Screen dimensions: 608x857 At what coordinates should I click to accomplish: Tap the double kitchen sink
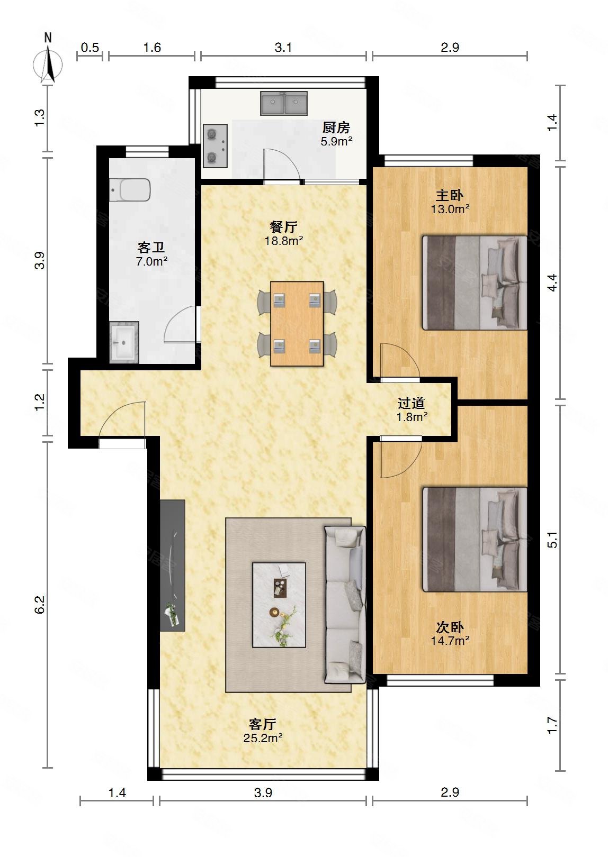pyautogui.click(x=284, y=103)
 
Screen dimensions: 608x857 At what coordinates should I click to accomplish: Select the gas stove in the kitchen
pyautogui.click(x=215, y=146)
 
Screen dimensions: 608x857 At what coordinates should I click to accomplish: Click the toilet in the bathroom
pyautogui.click(x=130, y=190)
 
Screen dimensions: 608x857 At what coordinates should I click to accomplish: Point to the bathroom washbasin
pyautogui.click(x=124, y=342)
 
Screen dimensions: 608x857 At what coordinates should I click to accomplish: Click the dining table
pyautogui.click(x=297, y=324)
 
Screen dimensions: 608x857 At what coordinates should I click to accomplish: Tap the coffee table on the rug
pyautogui.click(x=279, y=605)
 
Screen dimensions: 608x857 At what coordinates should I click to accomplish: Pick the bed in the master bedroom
pyautogui.click(x=475, y=282)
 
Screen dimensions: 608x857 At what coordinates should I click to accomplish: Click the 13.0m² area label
pyautogui.click(x=450, y=209)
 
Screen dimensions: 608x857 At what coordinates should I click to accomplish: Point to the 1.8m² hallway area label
pyautogui.click(x=412, y=417)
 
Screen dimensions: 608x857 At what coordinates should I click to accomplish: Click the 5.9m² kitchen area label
pyautogui.click(x=336, y=141)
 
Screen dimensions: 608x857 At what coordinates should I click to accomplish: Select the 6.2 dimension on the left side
pyautogui.click(x=40, y=605)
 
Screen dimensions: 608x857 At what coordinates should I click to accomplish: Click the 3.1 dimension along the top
pyautogui.click(x=283, y=48)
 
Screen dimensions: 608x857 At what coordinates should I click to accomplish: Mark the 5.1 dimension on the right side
pyautogui.click(x=552, y=540)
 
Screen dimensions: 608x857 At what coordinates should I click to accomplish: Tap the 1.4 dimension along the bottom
pyautogui.click(x=117, y=792)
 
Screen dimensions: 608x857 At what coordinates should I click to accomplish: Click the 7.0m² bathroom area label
pyautogui.click(x=151, y=261)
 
